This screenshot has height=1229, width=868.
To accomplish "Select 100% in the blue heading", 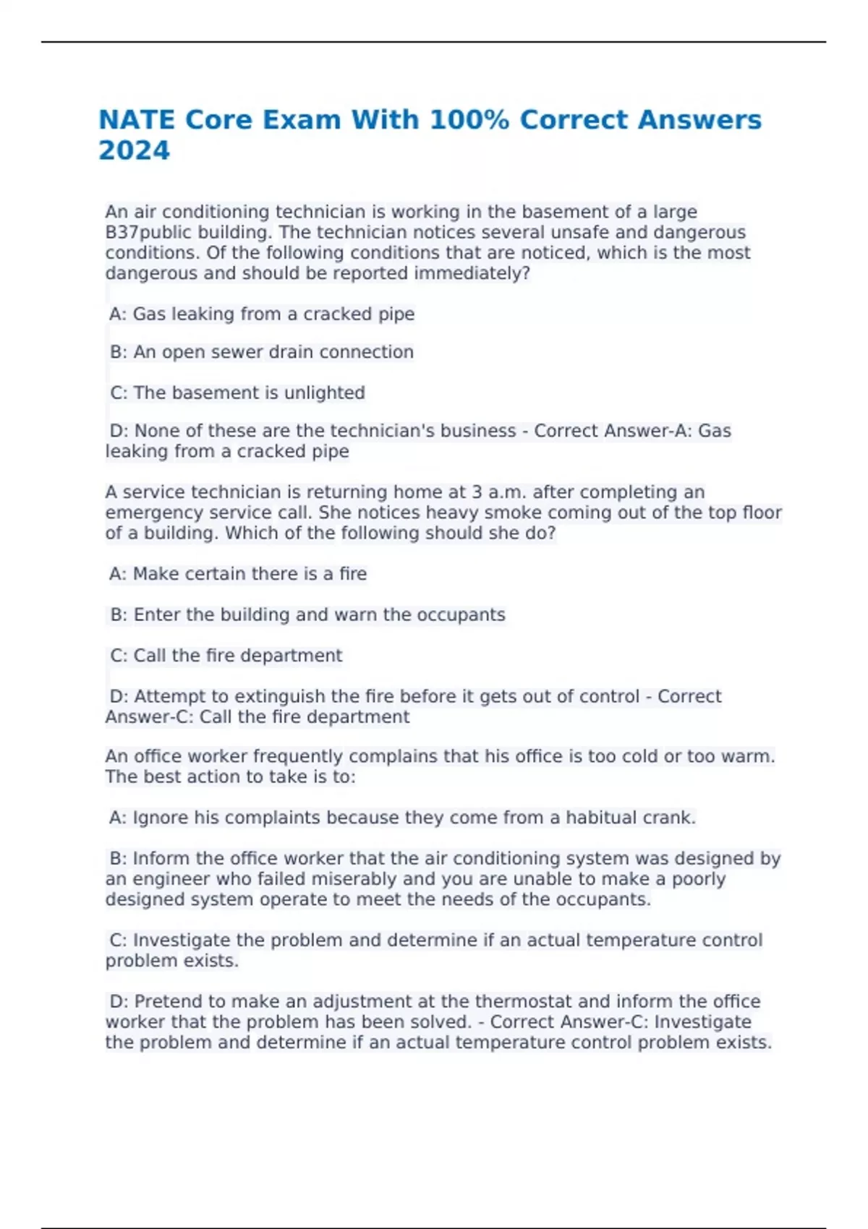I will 469,120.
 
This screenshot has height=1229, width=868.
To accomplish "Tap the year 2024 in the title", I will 134,150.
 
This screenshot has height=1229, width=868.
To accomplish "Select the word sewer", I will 236,352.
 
